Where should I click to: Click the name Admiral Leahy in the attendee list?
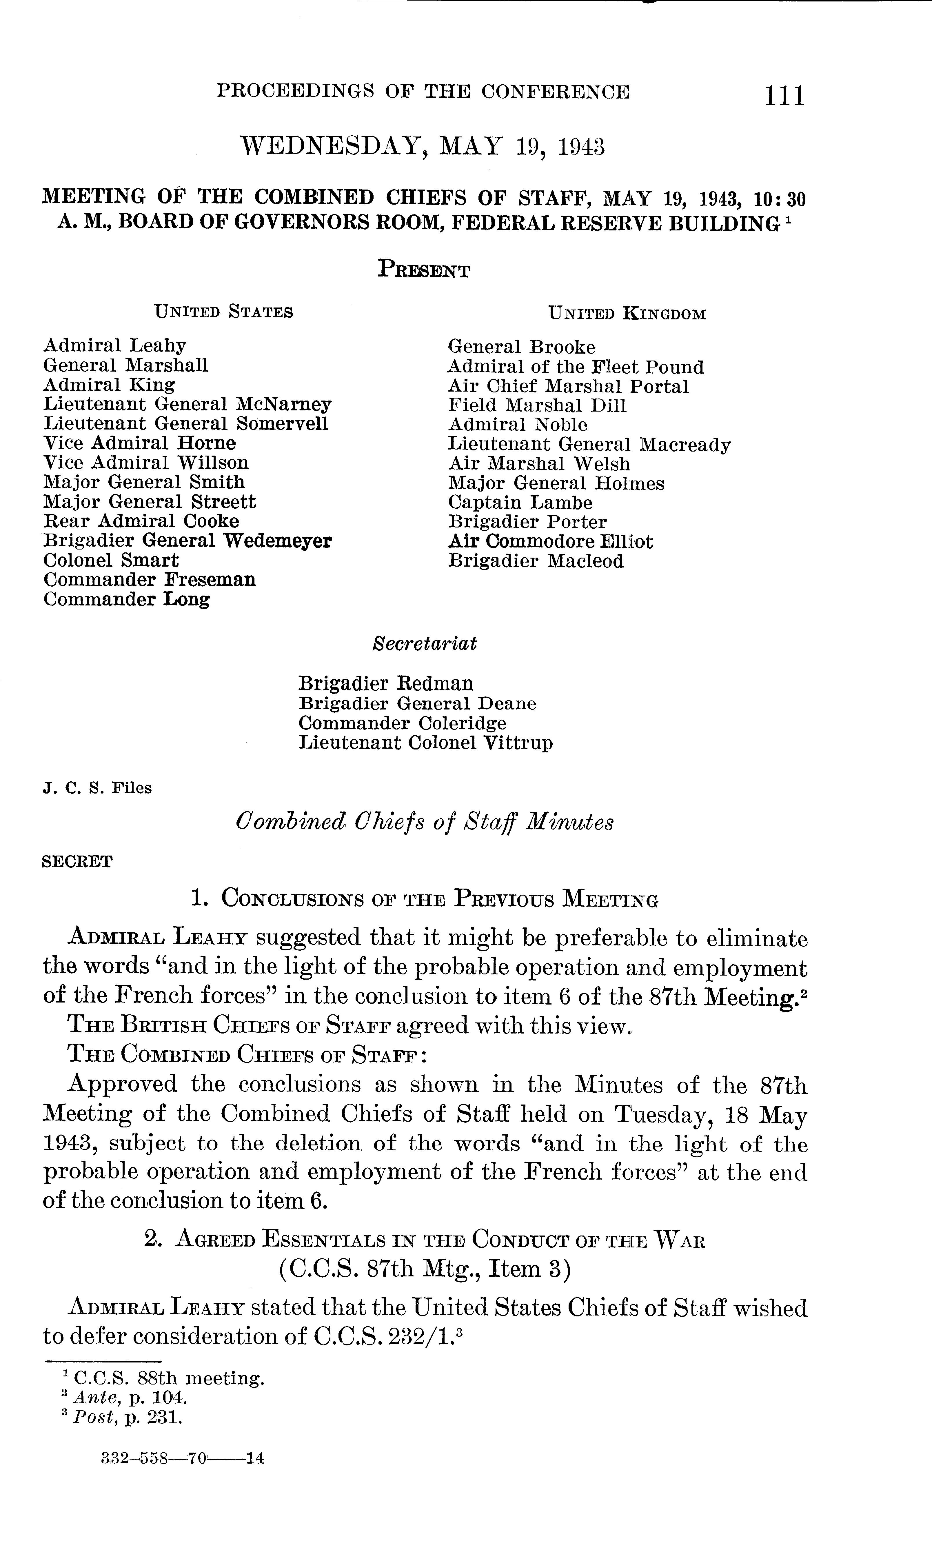point(115,346)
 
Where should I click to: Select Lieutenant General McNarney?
point(187,404)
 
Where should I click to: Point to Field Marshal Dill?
point(537,406)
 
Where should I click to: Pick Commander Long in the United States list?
point(126,600)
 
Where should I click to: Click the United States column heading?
point(223,312)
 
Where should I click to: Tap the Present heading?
point(424,270)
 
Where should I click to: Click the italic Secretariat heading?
point(425,644)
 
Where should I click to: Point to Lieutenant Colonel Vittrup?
point(425,743)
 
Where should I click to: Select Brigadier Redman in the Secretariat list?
point(386,683)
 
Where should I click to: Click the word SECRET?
point(77,861)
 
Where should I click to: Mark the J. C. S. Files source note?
point(97,788)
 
